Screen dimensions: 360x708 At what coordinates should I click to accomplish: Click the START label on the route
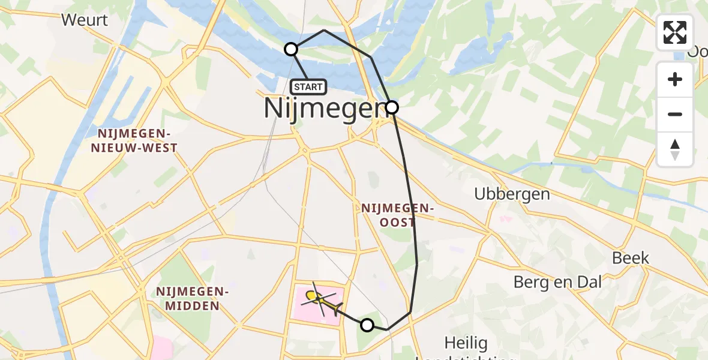309,87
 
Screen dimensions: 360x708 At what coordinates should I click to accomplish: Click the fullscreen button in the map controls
675,32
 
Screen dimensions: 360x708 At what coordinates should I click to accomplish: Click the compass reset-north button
675,149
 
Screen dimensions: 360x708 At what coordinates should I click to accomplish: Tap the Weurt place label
85,20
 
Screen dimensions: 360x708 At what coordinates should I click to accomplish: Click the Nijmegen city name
323,109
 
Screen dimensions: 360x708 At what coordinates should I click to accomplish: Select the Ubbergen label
512,194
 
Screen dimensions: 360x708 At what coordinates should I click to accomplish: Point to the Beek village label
631,258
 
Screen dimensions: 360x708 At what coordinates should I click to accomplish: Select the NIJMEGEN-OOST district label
397,215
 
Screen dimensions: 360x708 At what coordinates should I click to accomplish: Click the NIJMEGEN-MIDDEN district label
193,299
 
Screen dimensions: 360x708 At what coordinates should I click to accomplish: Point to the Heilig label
466,343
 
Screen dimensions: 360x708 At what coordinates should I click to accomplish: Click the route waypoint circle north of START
291,49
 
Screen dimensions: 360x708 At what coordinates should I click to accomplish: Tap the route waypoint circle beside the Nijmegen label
391,107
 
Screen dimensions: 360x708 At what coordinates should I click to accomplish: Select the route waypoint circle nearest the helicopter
367,325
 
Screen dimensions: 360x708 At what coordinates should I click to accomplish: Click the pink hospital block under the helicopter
306,312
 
